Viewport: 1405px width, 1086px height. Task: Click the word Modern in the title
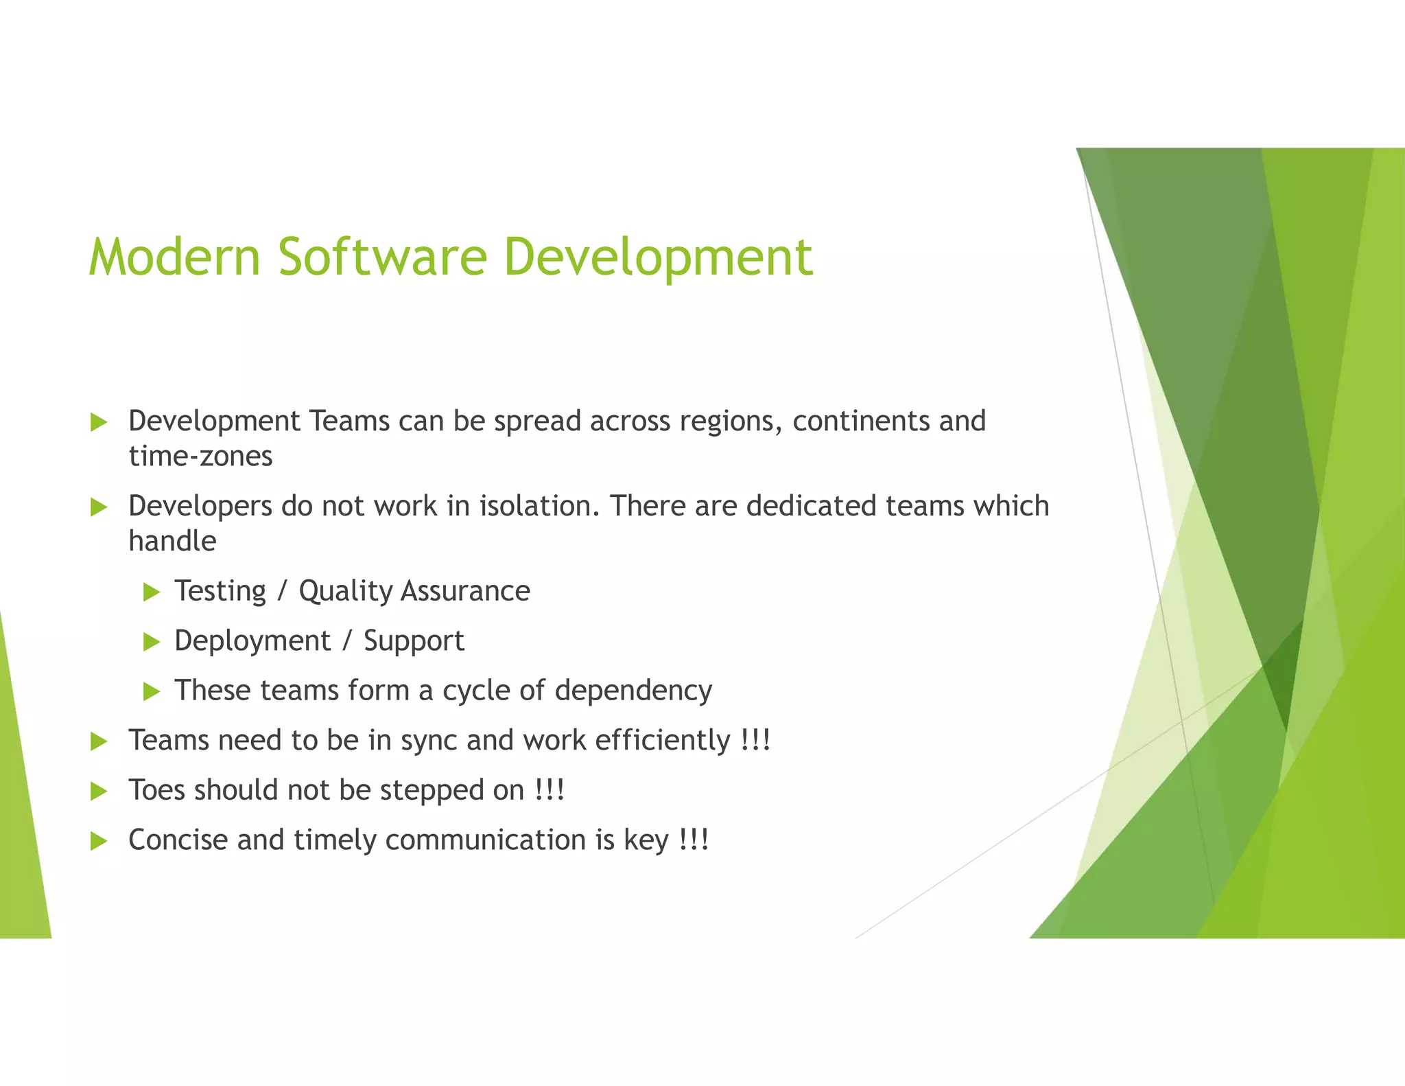175,257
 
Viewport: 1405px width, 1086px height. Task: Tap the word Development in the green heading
658,257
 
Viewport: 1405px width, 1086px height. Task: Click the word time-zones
200,457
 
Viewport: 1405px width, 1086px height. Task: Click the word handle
172,542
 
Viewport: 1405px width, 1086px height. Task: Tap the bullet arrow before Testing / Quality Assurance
152,592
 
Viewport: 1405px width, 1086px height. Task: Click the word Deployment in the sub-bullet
252,641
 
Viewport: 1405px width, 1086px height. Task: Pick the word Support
414,641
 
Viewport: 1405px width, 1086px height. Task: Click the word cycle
476,691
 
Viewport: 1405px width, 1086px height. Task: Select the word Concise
178,840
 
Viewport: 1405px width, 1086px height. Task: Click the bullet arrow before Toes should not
99,792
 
